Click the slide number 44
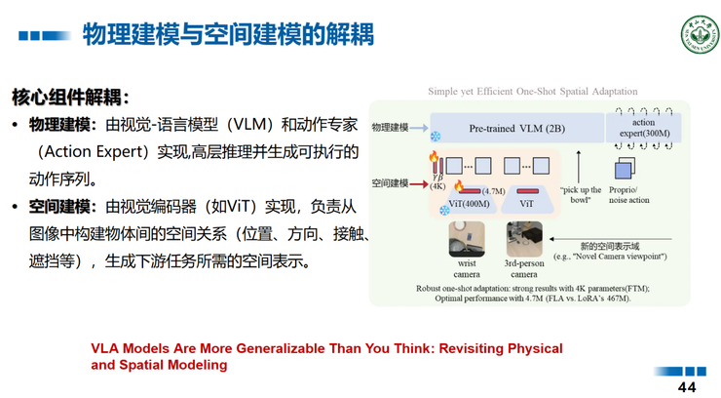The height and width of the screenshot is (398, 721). pos(687,386)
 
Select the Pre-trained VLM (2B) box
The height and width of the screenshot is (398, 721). pos(516,128)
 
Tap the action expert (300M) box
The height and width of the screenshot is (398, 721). pos(643,128)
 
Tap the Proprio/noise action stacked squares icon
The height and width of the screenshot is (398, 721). pos(624,169)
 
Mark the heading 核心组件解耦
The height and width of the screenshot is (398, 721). pos(68,98)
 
